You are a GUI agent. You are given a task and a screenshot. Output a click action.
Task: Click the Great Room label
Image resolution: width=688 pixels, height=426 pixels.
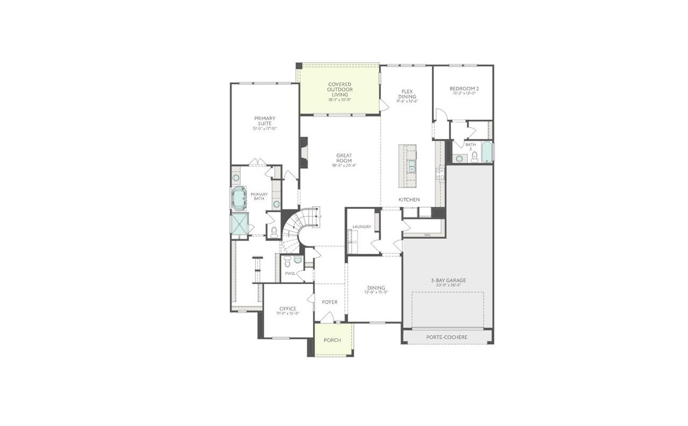tap(344, 158)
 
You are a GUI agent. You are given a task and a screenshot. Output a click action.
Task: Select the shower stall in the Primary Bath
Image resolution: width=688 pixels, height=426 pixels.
tap(238, 224)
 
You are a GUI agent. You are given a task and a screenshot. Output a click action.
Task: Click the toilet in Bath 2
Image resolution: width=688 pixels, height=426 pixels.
tap(474, 157)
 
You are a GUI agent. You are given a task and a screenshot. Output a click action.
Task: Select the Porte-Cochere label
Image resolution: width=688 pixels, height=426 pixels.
tap(447, 337)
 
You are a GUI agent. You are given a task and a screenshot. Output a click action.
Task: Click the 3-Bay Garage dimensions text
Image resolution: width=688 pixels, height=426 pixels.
tap(448, 285)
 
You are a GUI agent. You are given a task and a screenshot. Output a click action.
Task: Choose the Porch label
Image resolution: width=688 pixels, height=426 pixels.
tap(332, 340)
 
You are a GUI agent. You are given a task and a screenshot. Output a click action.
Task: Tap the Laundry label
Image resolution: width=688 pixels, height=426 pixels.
tap(362, 227)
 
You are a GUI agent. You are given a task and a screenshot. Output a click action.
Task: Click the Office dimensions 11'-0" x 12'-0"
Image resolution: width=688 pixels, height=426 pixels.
tap(288, 313)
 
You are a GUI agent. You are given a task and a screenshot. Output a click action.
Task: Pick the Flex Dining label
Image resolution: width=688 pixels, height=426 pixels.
tap(407, 94)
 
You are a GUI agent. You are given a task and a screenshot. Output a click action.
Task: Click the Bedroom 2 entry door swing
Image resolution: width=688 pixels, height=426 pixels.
tap(440, 115)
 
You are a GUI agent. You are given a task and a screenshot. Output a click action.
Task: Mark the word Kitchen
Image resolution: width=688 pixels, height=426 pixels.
tap(409, 200)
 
